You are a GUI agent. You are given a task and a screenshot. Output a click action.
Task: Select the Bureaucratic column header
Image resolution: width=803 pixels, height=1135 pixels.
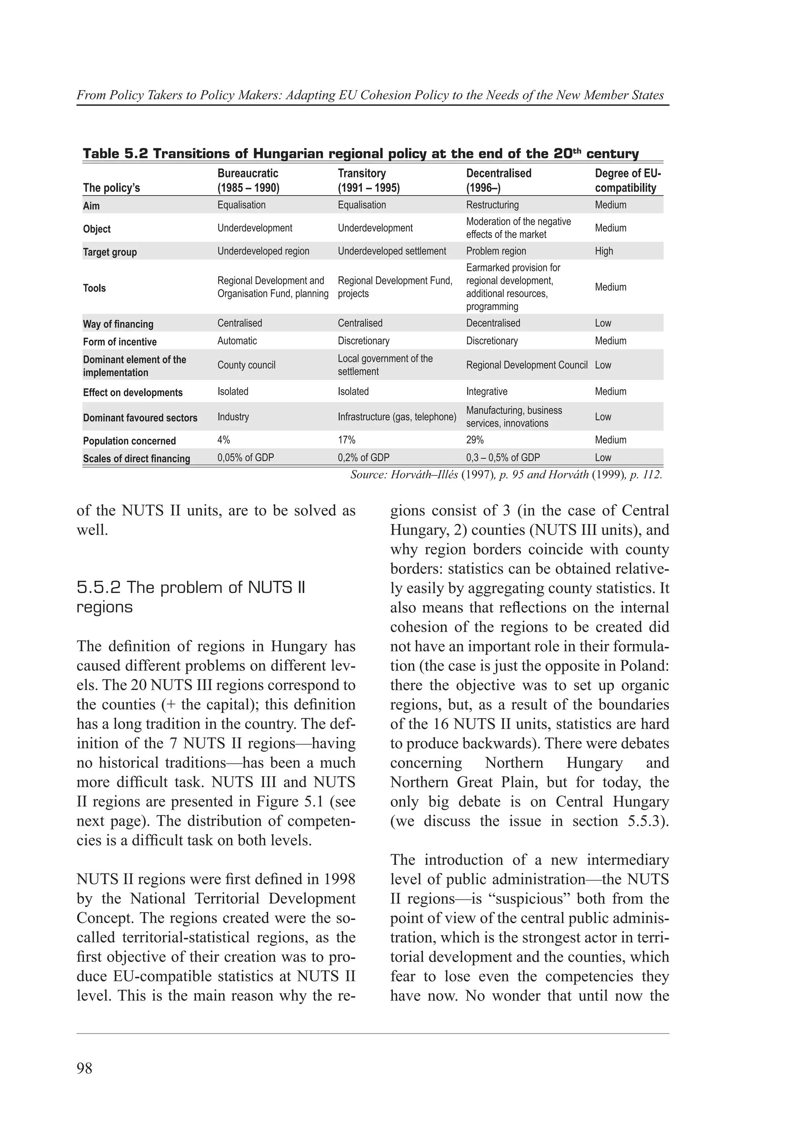pyautogui.click(x=248, y=181)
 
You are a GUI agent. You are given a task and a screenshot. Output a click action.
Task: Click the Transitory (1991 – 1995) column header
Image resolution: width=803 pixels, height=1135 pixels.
pyautogui.click(x=368, y=181)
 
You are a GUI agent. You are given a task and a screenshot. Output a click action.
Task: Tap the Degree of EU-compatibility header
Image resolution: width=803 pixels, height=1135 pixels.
pyautogui.click(x=627, y=181)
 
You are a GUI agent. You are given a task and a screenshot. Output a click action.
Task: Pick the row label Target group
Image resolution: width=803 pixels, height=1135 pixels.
pyautogui.click(x=110, y=252)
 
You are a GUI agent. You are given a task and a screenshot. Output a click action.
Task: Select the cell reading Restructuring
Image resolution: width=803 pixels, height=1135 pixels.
pyautogui.click(x=492, y=205)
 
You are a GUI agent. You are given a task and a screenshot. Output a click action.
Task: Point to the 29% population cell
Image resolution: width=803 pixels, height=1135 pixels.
pyautogui.click(x=474, y=440)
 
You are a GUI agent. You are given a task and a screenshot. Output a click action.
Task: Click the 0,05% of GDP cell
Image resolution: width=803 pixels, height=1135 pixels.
pyautogui.click(x=245, y=458)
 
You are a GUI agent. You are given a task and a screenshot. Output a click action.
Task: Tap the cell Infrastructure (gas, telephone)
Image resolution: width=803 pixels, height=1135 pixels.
pyautogui.click(x=397, y=417)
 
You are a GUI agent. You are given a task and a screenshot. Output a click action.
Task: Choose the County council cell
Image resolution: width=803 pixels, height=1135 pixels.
pyautogui.click(x=246, y=365)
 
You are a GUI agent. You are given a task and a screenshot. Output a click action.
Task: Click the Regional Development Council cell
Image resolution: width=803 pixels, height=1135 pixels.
pyautogui.click(x=527, y=365)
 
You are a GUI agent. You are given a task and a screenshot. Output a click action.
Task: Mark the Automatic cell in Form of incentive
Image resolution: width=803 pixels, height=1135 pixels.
pyautogui.click(x=237, y=341)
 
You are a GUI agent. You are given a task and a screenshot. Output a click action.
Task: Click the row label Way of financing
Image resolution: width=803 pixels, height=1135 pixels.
pyautogui.click(x=118, y=324)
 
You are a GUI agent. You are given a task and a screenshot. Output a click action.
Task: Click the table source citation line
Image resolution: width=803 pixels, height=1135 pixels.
pyautogui.click(x=506, y=475)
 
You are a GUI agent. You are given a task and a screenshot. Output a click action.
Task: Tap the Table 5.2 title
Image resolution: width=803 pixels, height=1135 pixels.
pyautogui.click(x=360, y=154)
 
